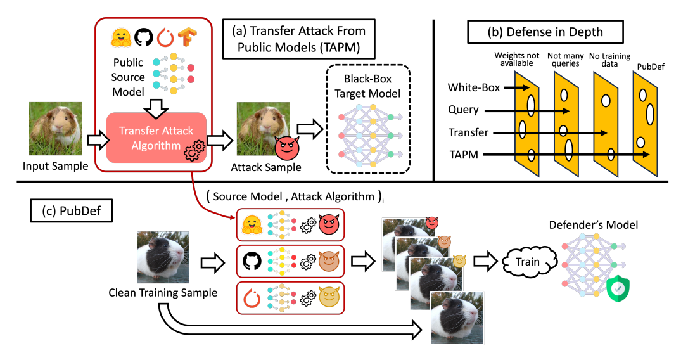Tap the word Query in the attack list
coord(463,110)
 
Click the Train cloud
coord(527,262)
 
